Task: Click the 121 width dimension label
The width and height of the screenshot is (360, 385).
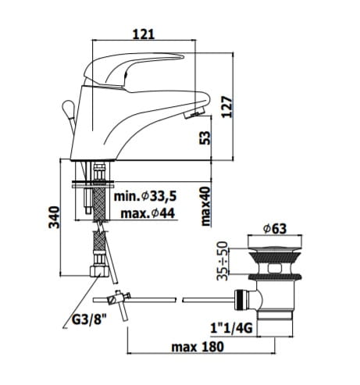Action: click(144, 34)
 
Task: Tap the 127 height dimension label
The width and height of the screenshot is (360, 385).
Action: click(227, 107)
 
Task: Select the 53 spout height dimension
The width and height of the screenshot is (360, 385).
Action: click(205, 137)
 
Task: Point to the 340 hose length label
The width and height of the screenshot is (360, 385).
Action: click(54, 217)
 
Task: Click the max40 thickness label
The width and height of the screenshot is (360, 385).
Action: click(205, 206)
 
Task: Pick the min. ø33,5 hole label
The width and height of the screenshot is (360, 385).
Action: click(145, 196)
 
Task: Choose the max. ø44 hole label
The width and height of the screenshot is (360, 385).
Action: click(148, 214)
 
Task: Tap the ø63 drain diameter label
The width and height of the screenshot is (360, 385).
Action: click(275, 229)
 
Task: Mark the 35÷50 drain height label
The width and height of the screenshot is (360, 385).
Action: click(223, 261)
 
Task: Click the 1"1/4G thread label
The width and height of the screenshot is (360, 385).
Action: click(231, 328)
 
